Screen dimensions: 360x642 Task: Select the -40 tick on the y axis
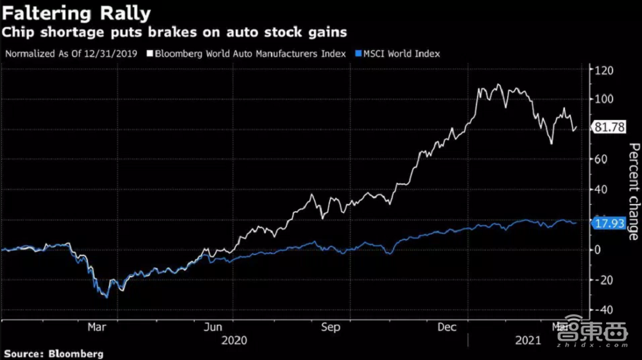603,310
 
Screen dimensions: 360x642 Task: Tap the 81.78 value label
609,127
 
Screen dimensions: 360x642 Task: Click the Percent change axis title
632,191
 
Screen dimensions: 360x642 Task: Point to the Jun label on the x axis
213,327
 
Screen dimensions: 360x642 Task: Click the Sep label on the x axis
330,327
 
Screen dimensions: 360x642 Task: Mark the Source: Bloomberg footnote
53,354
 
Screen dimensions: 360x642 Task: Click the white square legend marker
150,53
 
